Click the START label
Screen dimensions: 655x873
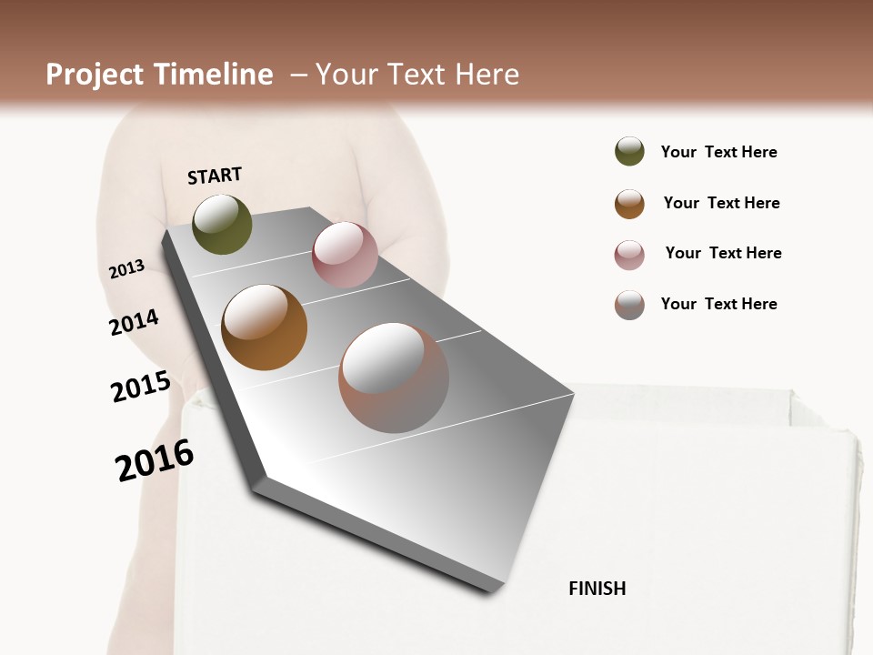(x=215, y=176)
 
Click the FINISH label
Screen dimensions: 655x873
(x=597, y=589)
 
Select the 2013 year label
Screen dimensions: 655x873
(x=126, y=269)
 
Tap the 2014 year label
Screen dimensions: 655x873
(x=134, y=323)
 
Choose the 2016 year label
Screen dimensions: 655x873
(x=155, y=460)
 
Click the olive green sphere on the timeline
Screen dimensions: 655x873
(x=222, y=224)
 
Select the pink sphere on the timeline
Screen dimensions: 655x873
(x=345, y=254)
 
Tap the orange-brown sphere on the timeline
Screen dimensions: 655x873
(x=264, y=327)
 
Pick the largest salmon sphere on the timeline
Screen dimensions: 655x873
(x=393, y=378)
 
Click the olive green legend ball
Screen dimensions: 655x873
(x=629, y=151)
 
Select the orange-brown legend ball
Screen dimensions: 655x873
(x=629, y=204)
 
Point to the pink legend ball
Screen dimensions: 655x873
(x=629, y=255)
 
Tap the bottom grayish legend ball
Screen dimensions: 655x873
(x=629, y=305)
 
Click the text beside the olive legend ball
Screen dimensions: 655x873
(x=718, y=152)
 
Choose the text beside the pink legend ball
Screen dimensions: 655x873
(x=723, y=253)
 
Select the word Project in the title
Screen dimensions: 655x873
(x=95, y=75)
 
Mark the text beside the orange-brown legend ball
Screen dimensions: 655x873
(x=721, y=203)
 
